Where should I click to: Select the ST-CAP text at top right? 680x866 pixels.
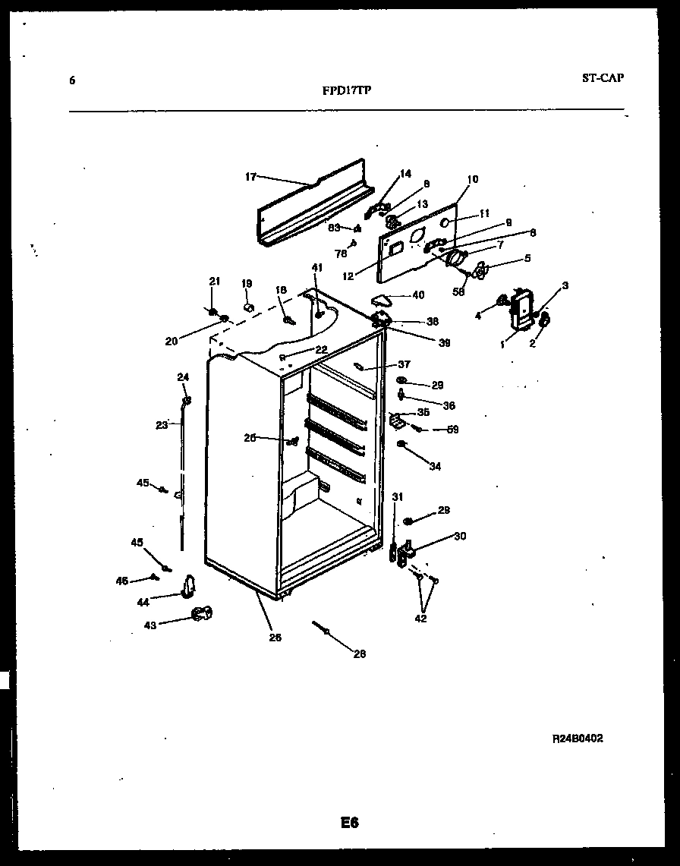click(x=603, y=77)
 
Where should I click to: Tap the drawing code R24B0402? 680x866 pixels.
click(x=578, y=738)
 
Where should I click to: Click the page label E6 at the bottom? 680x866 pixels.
click(x=349, y=823)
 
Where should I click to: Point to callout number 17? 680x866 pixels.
click(x=250, y=177)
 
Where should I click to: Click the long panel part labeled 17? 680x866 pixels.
click(x=311, y=205)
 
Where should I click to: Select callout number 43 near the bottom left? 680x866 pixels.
click(x=150, y=625)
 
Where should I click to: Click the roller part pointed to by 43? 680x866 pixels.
click(x=200, y=614)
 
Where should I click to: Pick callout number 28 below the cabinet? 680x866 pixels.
click(x=360, y=653)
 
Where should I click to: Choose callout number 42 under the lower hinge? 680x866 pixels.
click(x=420, y=618)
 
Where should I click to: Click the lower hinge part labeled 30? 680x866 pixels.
click(x=406, y=550)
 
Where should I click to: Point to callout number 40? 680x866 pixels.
click(x=418, y=294)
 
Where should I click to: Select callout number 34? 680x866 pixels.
click(x=435, y=466)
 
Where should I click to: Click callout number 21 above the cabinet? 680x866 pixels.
click(x=214, y=282)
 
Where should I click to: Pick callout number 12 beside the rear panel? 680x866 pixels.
click(x=348, y=276)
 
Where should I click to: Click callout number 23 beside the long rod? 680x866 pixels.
click(x=161, y=425)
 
